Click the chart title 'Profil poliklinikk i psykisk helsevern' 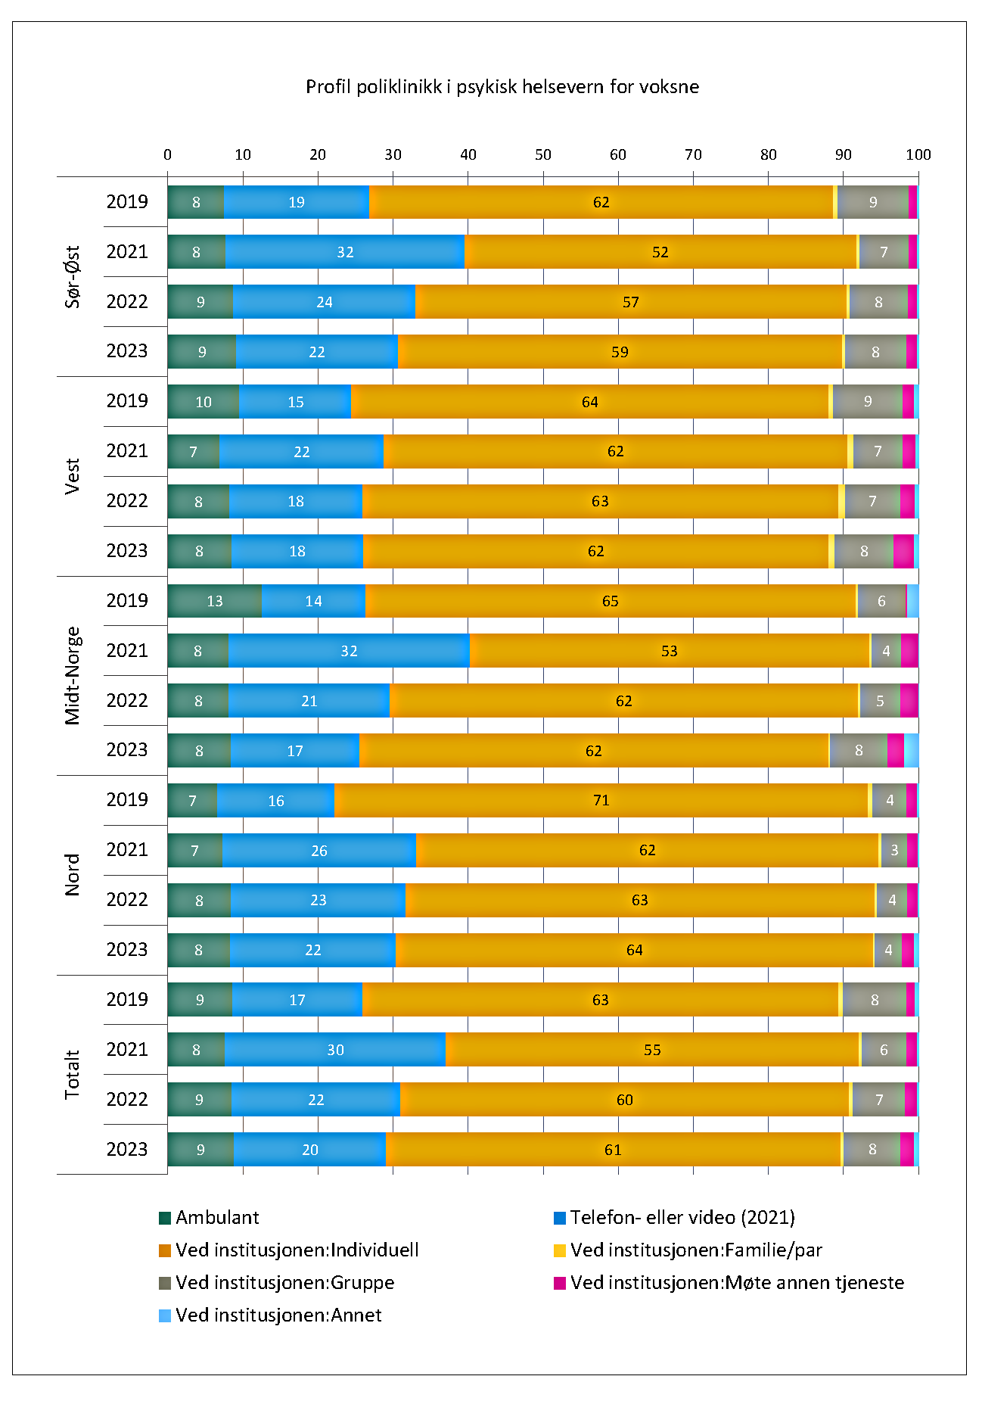(x=502, y=87)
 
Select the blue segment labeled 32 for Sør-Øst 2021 (x=345, y=252)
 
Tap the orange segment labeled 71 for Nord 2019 (x=601, y=801)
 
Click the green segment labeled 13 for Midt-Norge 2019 (x=214, y=601)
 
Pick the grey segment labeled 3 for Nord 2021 (x=894, y=850)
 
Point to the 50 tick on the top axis (x=543, y=154)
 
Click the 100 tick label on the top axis (x=918, y=154)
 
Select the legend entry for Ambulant (x=216, y=1218)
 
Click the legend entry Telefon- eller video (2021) (x=682, y=1218)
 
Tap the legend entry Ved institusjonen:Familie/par (x=695, y=1250)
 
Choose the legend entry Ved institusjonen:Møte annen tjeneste (x=736, y=1283)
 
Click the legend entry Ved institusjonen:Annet (x=278, y=1315)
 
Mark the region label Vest (x=73, y=476)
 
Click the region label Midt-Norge (x=73, y=676)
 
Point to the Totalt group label (x=73, y=1075)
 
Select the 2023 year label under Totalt (x=127, y=1149)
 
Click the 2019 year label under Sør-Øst (x=127, y=201)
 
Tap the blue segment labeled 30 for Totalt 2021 (x=335, y=1050)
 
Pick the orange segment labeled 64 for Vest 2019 (x=589, y=402)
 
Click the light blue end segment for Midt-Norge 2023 (x=912, y=751)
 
